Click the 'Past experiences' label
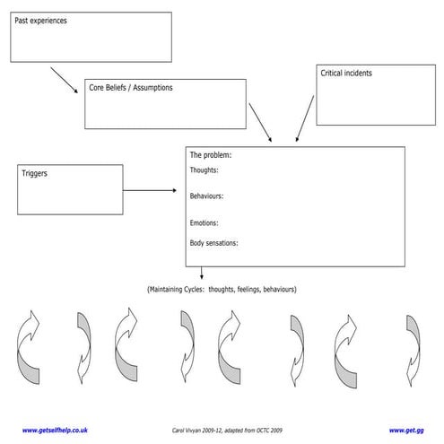point(41,20)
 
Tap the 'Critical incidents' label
point(346,74)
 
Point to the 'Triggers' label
point(34,173)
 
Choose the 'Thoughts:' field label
point(204,170)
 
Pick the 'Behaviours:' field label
point(206,196)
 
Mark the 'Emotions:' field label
point(204,222)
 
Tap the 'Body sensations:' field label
point(213,243)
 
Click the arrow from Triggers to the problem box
point(150,190)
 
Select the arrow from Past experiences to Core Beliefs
point(64,80)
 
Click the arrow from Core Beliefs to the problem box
point(260,122)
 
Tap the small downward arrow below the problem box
point(201,274)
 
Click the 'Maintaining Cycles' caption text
point(222,290)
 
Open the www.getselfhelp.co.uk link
point(55,430)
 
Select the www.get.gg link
point(405,430)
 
